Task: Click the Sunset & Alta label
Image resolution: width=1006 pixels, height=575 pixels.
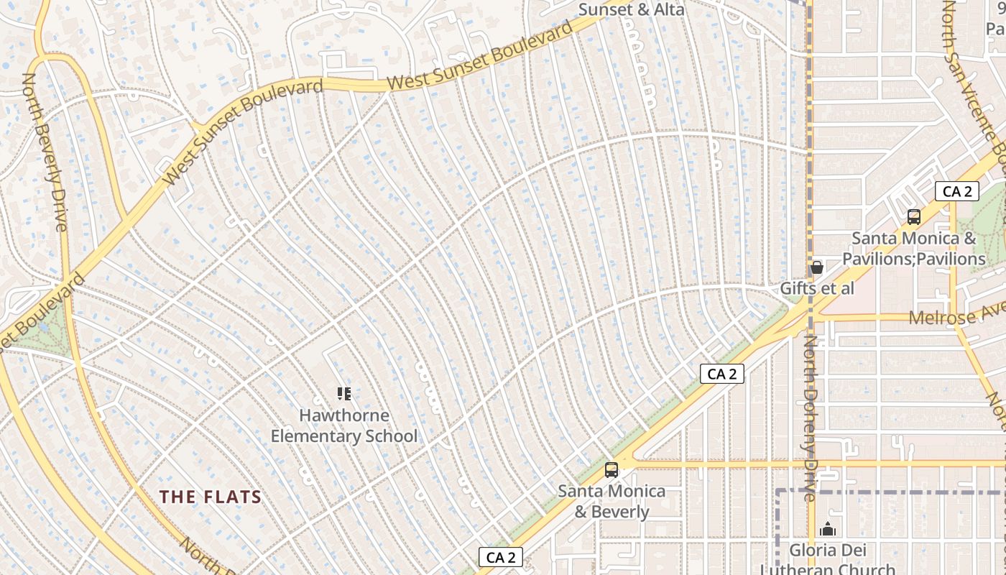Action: (x=631, y=9)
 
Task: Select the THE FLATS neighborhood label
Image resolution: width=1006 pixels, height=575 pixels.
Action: (x=210, y=497)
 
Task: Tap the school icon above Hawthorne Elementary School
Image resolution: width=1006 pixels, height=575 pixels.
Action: (x=344, y=393)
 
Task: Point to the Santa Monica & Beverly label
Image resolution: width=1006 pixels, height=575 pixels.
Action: (x=612, y=502)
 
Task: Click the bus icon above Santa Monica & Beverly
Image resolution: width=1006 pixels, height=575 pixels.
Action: (x=612, y=470)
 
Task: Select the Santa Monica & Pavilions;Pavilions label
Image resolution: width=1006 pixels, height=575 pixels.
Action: (x=913, y=249)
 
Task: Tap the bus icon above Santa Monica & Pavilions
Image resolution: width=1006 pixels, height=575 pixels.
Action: (x=914, y=216)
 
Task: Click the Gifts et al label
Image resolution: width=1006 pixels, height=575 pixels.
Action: (x=817, y=289)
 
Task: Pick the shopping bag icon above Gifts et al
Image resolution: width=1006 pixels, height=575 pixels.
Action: (x=816, y=267)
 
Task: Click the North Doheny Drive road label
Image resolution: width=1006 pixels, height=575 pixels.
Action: (x=810, y=417)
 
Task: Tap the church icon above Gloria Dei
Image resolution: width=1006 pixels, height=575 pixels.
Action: (x=828, y=530)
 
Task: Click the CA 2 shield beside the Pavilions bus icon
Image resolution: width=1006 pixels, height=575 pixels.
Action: (x=957, y=191)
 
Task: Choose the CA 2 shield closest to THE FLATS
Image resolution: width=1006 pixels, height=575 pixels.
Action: (x=501, y=557)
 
